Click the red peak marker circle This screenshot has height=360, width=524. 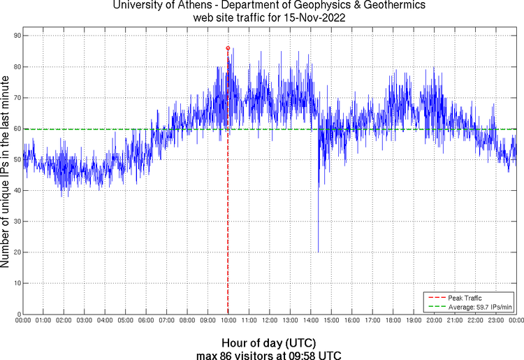pyautogui.click(x=228, y=48)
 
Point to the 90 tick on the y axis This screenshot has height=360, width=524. pyautogui.click(x=15, y=36)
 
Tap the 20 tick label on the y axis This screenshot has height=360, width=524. pyautogui.click(x=15, y=252)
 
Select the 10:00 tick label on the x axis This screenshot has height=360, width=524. pyautogui.click(x=228, y=320)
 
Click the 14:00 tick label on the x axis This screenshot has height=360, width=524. pyautogui.click(x=311, y=320)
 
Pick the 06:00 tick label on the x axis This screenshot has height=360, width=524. pyautogui.click(x=146, y=320)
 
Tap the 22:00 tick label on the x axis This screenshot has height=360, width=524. pyautogui.click(x=475, y=320)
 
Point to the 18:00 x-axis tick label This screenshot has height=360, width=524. pyautogui.click(x=393, y=320)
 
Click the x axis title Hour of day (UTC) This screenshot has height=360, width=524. pyautogui.click(x=268, y=343)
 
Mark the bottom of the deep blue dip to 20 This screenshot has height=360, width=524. pyautogui.click(x=318, y=252)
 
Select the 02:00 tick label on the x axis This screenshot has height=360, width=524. pyautogui.click(x=64, y=320)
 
